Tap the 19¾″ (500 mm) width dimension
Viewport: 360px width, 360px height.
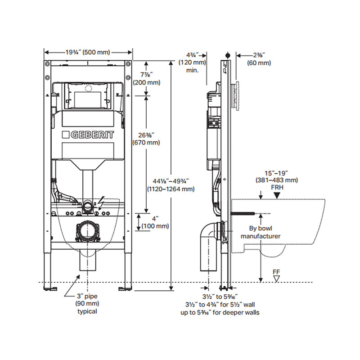[x=89, y=53]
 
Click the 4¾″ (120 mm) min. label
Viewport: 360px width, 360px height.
[x=192, y=63]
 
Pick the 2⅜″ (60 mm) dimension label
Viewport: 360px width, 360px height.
[x=259, y=59]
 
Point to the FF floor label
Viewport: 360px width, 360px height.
[x=276, y=272]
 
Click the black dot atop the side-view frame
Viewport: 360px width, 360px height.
[x=228, y=55]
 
